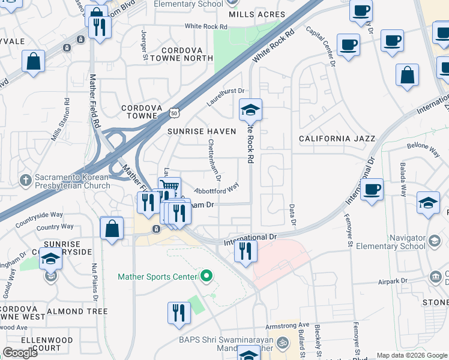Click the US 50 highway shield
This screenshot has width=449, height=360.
pyautogui.click(x=174, y=113)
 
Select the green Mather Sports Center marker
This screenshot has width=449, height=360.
pyautogui.click(x=207, y=277)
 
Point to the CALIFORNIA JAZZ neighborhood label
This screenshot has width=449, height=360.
pyautogui.click(x=337, y=139)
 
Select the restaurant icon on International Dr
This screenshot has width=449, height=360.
pyautogui.click(x=246, y=251)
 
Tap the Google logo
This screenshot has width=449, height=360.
pyautogui.click(x=20, y=352)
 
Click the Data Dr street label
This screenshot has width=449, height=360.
pyautogui.click(x=293, y=215)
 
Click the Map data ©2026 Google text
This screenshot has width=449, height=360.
pyautogui.click(x=411, y=355)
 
